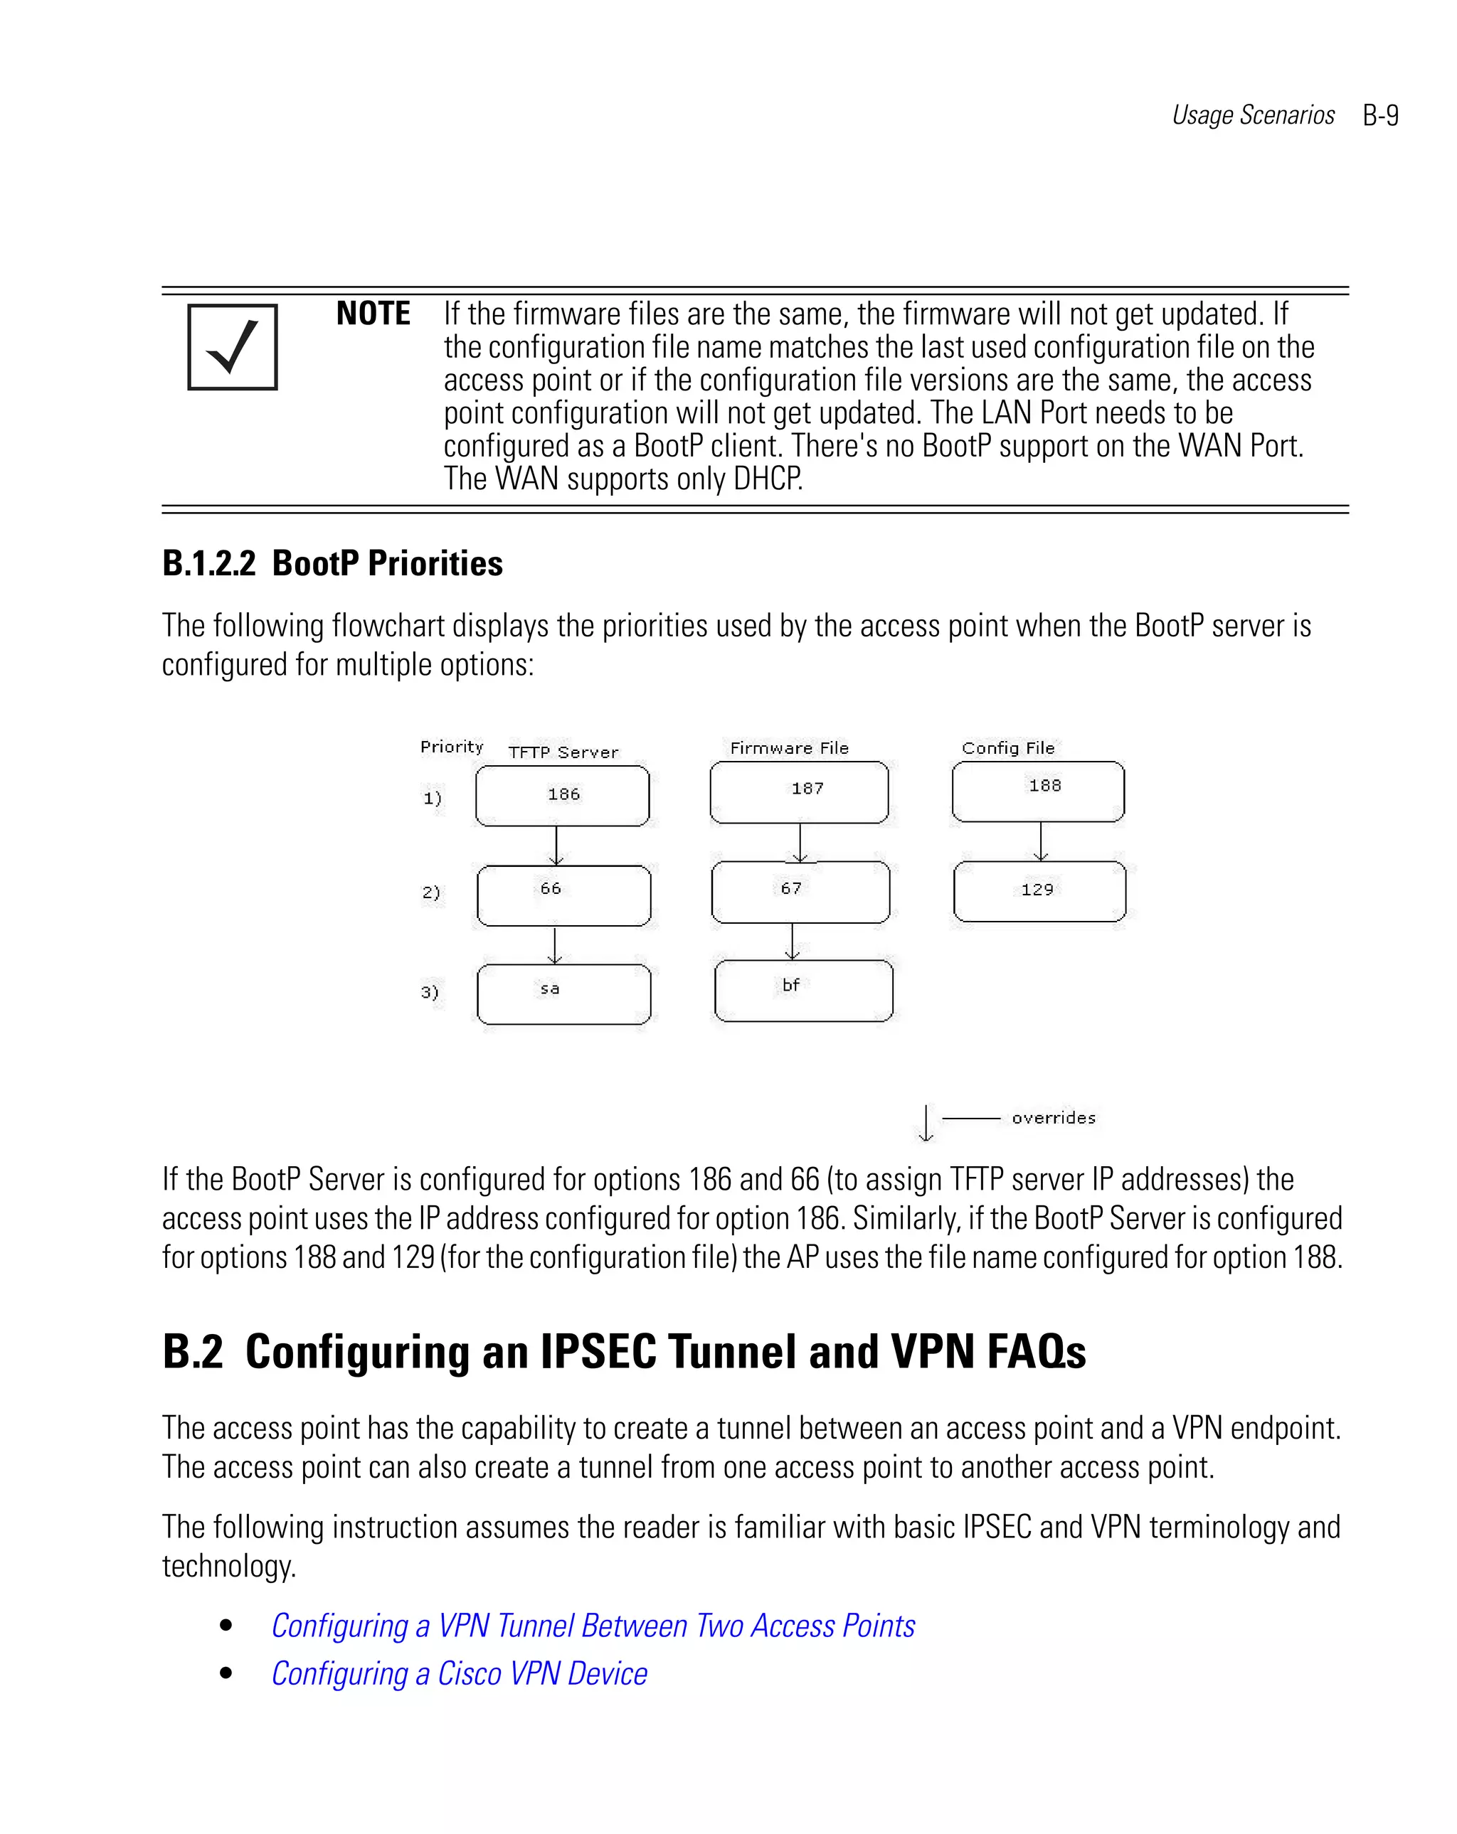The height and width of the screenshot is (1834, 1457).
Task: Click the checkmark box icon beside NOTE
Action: pos(233,347)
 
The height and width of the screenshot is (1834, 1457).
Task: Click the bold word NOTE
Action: pos(373,314)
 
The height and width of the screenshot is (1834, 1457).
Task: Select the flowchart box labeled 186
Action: pos(563,795)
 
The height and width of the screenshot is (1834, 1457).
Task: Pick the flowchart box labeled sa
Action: pos(563,993)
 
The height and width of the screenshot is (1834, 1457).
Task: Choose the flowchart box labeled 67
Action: pos(800,892)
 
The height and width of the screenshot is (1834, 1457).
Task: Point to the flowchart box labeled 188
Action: pos(1038,790)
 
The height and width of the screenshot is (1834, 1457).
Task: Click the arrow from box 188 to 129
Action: pos(1040,841)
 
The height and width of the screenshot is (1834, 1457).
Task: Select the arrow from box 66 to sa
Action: pos(555,945)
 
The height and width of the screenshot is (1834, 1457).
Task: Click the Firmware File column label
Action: pos(789,747)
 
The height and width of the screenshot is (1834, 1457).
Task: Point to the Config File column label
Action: pos(1007,747)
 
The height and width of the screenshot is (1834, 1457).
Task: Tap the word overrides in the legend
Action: pos(1053,1118)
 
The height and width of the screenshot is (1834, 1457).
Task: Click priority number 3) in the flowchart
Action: pos(430,992)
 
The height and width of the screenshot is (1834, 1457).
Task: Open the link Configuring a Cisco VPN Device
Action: pos(459,1673)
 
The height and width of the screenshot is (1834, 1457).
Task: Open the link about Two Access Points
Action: pos(593,1626)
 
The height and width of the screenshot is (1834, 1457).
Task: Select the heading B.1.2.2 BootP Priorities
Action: pos(332,563)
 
